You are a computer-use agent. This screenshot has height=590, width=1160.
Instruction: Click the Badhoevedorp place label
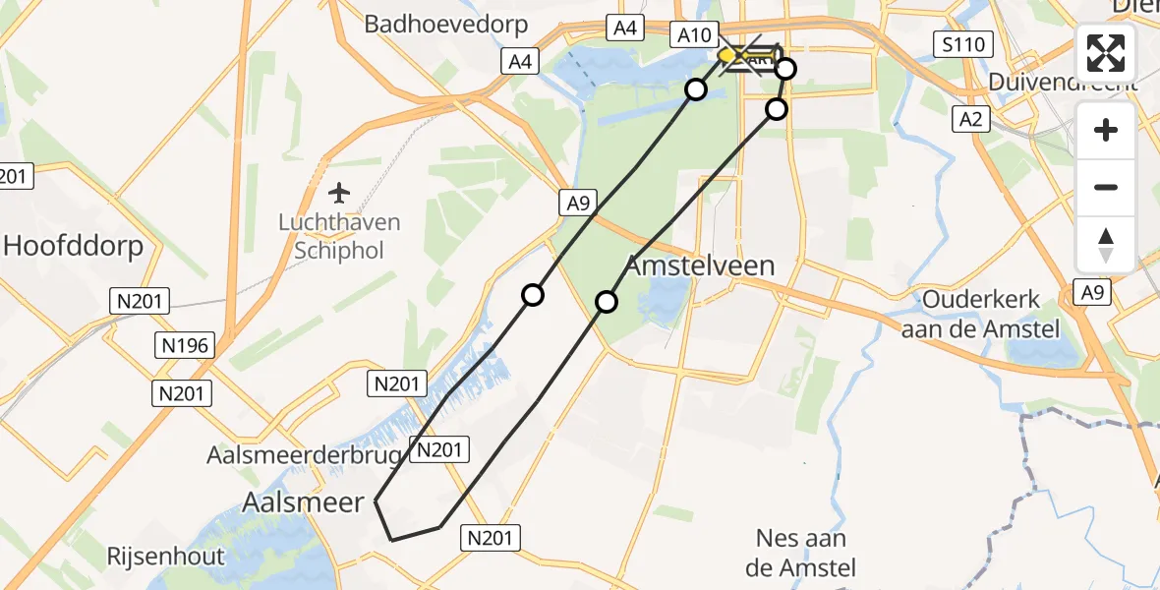click(x=446, y=25)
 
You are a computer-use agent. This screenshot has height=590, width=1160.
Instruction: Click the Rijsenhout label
click(x=166, y=556)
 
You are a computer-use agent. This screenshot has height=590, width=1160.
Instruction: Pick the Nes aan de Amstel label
click(x=801, y=553)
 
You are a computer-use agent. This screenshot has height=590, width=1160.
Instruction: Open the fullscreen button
click(x=1106, y=53)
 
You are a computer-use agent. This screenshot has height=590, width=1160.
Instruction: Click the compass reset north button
click(x=1106, y=245)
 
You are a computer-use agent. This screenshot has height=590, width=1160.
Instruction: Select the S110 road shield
click(x=963, y=44)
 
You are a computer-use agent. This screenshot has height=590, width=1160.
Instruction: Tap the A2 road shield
click(x=970, y=119)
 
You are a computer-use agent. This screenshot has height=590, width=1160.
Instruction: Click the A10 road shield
click(x=694, y=35)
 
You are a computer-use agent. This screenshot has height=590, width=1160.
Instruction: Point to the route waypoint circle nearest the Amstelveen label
click(x=607, y=301)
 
